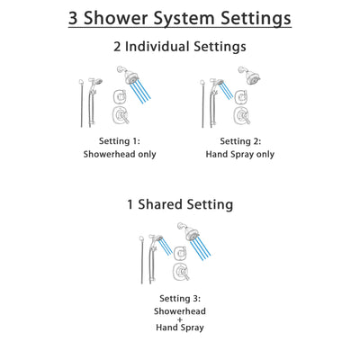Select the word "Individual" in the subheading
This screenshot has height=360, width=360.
(170, 48)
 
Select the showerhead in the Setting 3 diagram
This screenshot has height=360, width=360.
(187, 230)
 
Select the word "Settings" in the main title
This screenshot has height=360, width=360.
(266, 18)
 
